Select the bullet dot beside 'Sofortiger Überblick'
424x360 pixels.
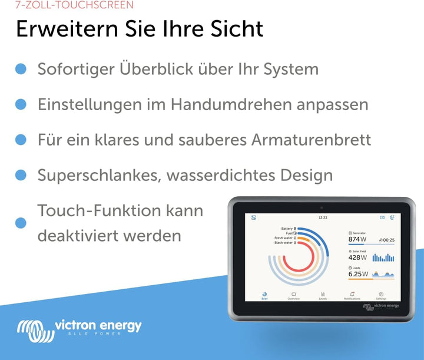coord(21,69)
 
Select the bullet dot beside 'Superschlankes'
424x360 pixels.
coord(21,175)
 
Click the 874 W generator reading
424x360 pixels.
coord(357,239)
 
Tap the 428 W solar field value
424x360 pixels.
coord(357,257)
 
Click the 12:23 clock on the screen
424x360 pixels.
coord(322,218)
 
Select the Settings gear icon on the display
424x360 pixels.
coord(381,294)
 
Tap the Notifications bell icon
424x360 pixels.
coord(352,294)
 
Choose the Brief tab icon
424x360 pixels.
coord(264,294)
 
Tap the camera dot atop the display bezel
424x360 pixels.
coord(322,207)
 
